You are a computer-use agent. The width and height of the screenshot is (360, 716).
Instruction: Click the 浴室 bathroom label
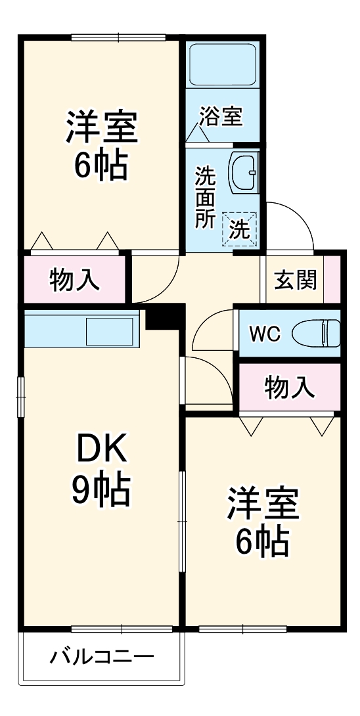220,116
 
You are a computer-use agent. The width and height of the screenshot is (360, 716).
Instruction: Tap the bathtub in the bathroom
222,64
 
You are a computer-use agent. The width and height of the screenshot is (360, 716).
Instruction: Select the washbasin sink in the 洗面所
243,172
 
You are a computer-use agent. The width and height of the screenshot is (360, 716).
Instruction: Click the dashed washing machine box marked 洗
240,229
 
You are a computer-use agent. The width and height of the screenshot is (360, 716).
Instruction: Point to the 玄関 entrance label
295,280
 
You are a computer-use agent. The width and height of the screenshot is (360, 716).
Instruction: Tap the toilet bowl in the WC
316,333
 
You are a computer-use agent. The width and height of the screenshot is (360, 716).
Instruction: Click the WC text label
265,334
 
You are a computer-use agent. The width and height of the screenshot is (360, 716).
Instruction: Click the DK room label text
101,449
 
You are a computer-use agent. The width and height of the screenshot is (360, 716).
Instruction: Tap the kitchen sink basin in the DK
109,332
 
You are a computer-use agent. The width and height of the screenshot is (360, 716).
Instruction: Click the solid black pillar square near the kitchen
165,316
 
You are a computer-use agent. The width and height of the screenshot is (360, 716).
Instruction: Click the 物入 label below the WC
290,389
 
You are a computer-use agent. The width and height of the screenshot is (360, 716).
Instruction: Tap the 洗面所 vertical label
205,197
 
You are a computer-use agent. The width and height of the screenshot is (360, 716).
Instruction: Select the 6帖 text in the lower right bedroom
261,541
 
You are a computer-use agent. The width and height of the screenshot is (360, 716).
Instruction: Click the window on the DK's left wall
20,397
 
